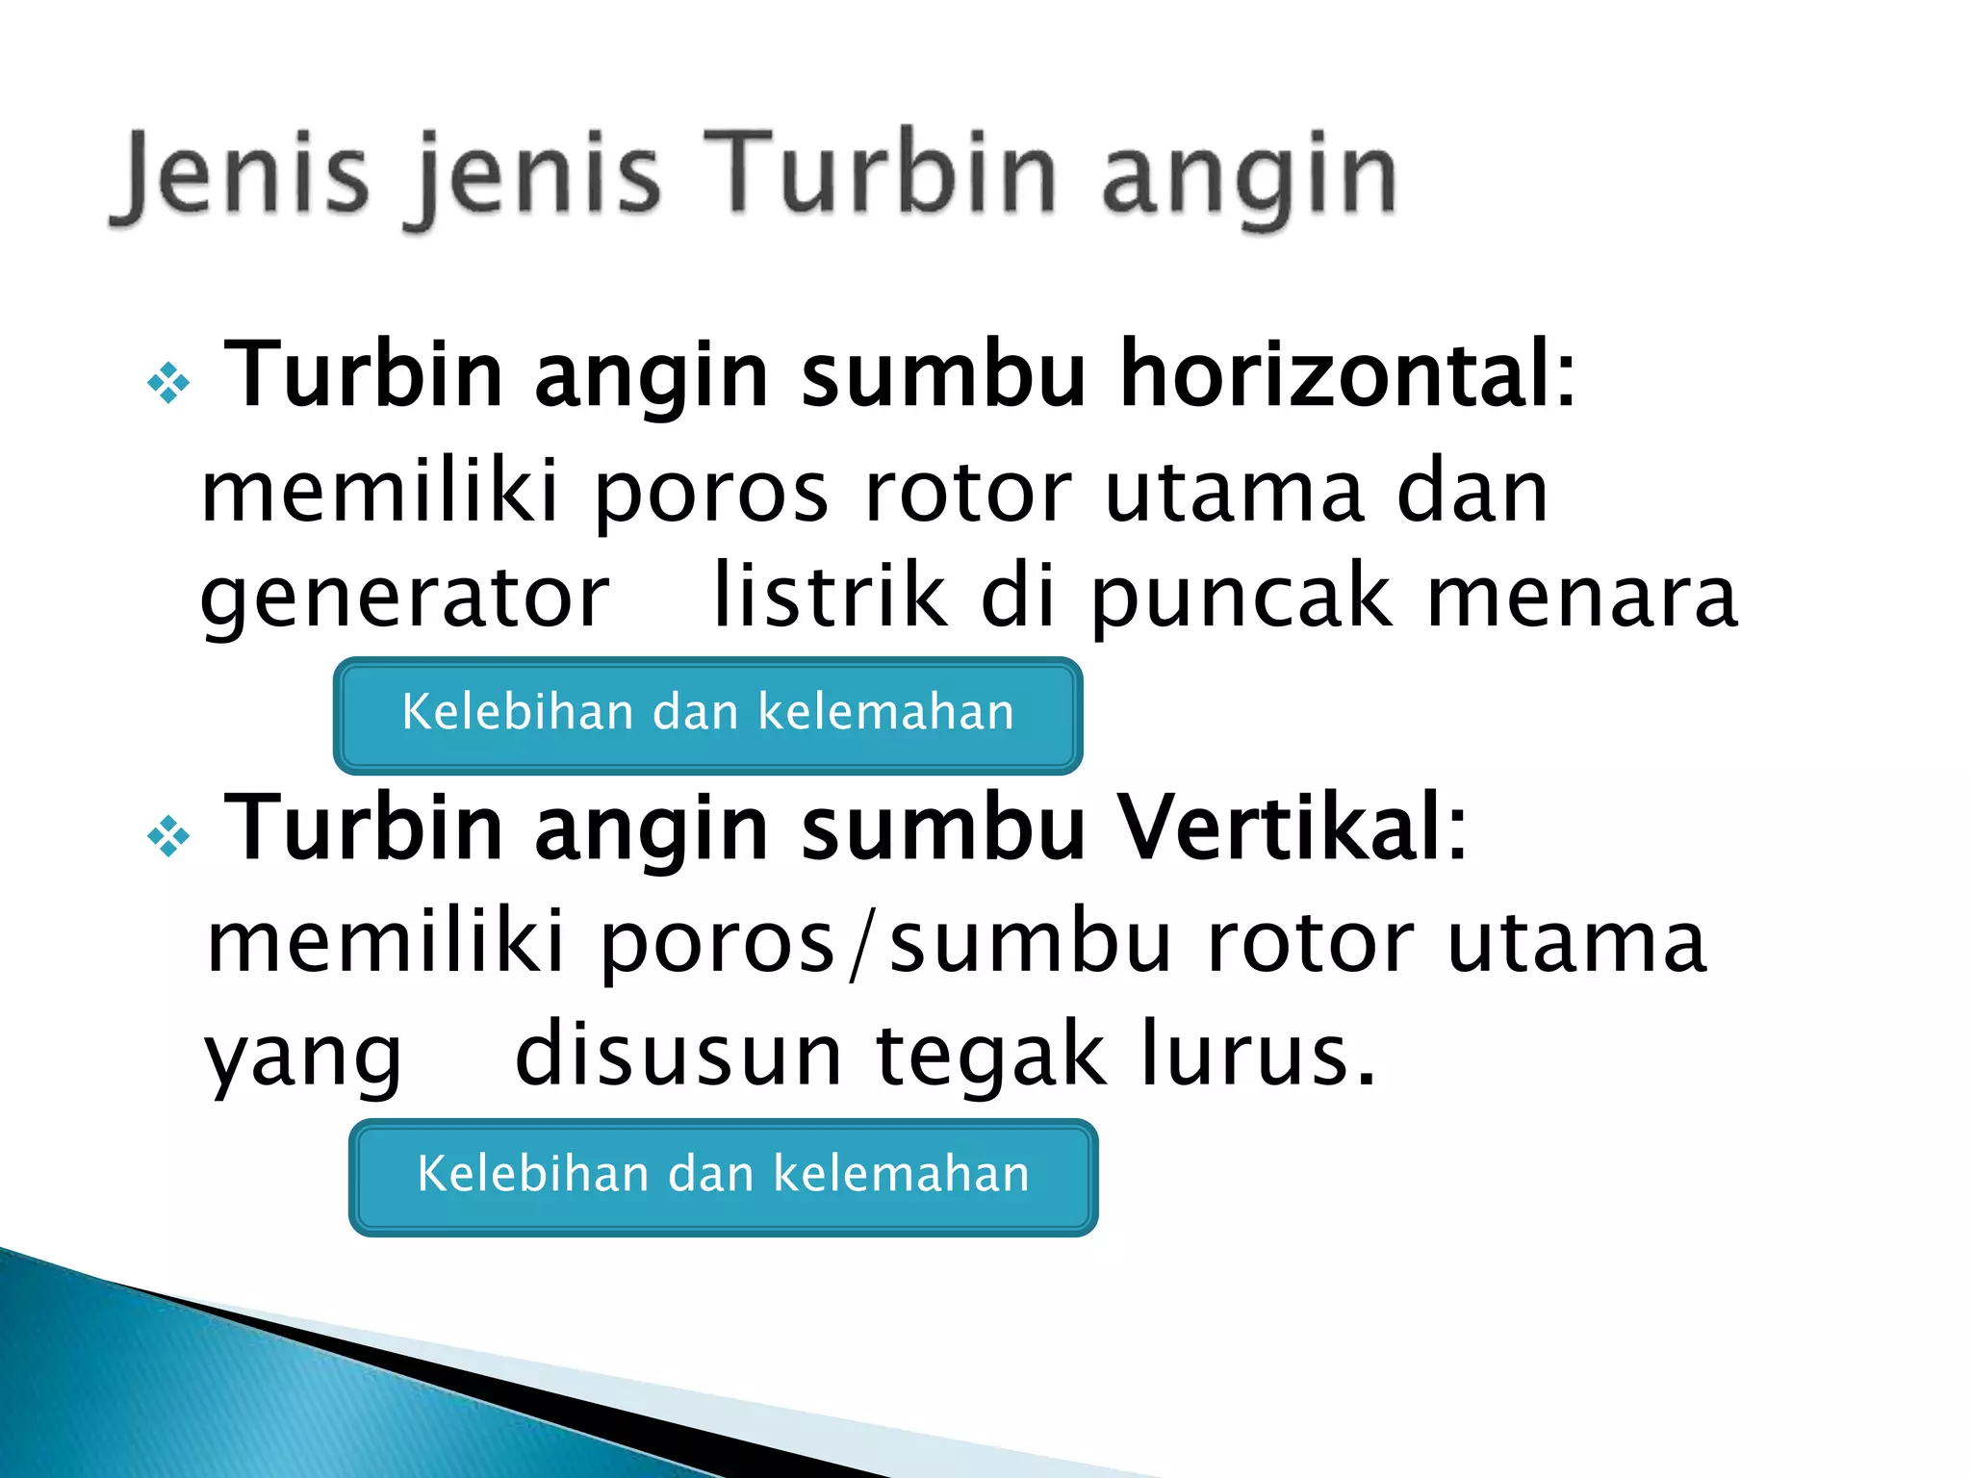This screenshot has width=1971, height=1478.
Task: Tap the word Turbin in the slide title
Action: [882, 173]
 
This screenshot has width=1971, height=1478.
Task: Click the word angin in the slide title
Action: [1249, 178]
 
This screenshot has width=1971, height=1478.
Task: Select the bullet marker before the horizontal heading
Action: [169, 382]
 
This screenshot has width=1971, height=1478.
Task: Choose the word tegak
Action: [991, 1056]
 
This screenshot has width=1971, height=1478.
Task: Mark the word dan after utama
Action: [1472, 493]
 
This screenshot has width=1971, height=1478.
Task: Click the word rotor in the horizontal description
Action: [968, 493]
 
